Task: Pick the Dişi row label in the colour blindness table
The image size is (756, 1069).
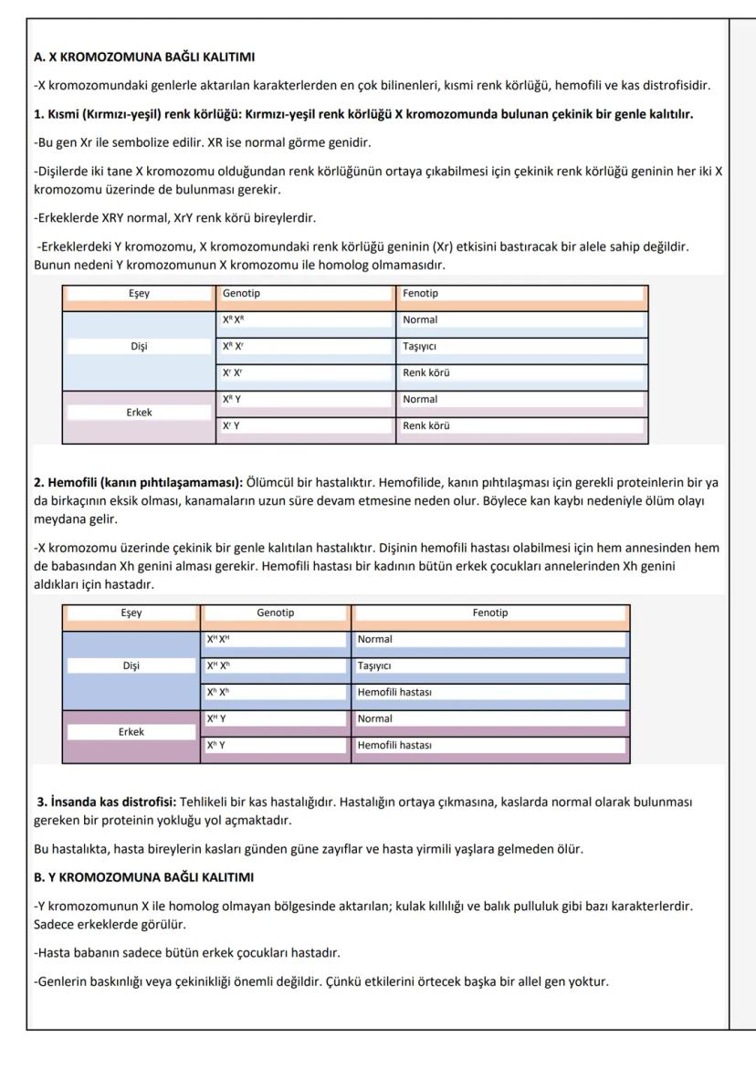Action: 139,347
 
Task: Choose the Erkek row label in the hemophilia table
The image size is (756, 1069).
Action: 131,731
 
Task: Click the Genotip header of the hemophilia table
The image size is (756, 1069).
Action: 275,613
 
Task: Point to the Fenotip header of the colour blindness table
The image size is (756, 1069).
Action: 420,294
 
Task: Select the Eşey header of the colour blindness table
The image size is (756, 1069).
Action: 139,294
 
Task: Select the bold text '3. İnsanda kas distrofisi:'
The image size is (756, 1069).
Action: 106,802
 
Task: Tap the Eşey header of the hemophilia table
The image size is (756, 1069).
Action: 131,613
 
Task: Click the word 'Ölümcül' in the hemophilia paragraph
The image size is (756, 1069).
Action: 269,483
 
